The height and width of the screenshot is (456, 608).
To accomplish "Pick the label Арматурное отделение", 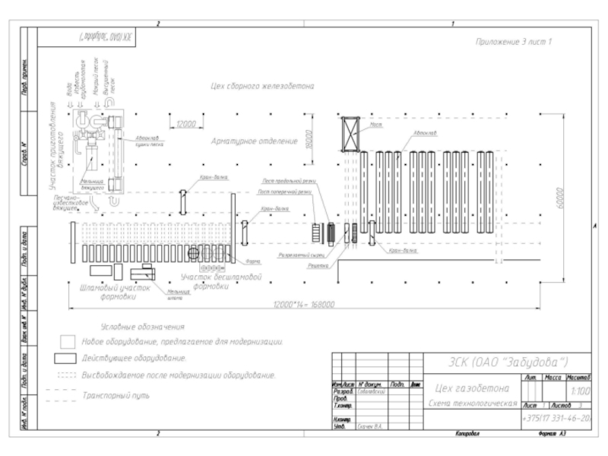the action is (x=254, y=141).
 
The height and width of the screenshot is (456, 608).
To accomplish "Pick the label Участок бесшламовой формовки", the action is (x=221, y=282).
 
